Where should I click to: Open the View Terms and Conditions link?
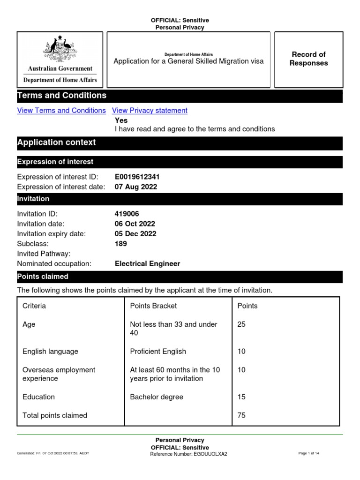pos(61,111)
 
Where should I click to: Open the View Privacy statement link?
pos(150,111)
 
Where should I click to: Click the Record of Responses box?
pos(308,59)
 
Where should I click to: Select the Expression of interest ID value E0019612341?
pos(140,177)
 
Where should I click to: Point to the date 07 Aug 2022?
pos(136,187)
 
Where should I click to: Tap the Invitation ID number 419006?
pos(127,214)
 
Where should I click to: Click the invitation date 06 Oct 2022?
pos(135,224)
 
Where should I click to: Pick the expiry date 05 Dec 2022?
pos(135,233)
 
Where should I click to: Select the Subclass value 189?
pos(121,244)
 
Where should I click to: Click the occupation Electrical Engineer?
pos(147,264)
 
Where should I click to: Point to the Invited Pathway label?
pos(44,254)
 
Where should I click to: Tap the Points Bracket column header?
pos(153,306)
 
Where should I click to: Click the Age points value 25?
pos(242,324)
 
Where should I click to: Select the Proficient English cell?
pos(158,352)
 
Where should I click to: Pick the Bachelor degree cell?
pos(157,397)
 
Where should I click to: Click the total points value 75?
pos(242,415)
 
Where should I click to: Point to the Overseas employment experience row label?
pos(59,374)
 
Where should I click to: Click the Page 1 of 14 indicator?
pos(308,454)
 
